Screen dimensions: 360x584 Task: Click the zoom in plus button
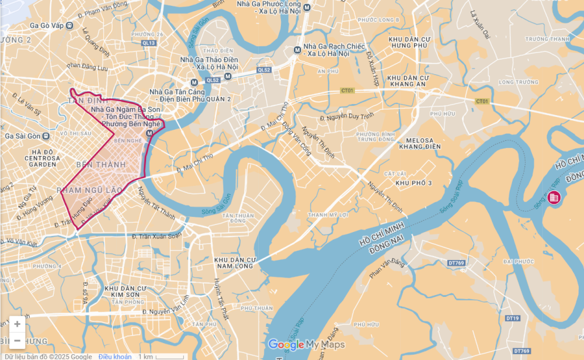(18, 324)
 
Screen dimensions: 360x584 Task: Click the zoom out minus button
(18, 341)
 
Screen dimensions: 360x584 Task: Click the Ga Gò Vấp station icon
(70, 25)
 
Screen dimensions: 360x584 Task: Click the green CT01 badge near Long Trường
(481, 101)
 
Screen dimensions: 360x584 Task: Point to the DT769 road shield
(456, 263)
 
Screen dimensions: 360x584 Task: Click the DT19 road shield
(513, 318)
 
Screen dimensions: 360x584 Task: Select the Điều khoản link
(114, 356)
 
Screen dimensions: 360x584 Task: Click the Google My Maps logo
(306, 344)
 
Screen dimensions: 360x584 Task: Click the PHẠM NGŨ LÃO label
(90, 190)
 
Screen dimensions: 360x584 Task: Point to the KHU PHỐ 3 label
(413, 184)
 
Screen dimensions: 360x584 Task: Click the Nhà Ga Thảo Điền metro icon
(194, 82)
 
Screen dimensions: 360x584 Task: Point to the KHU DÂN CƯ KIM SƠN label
(125, 292)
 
